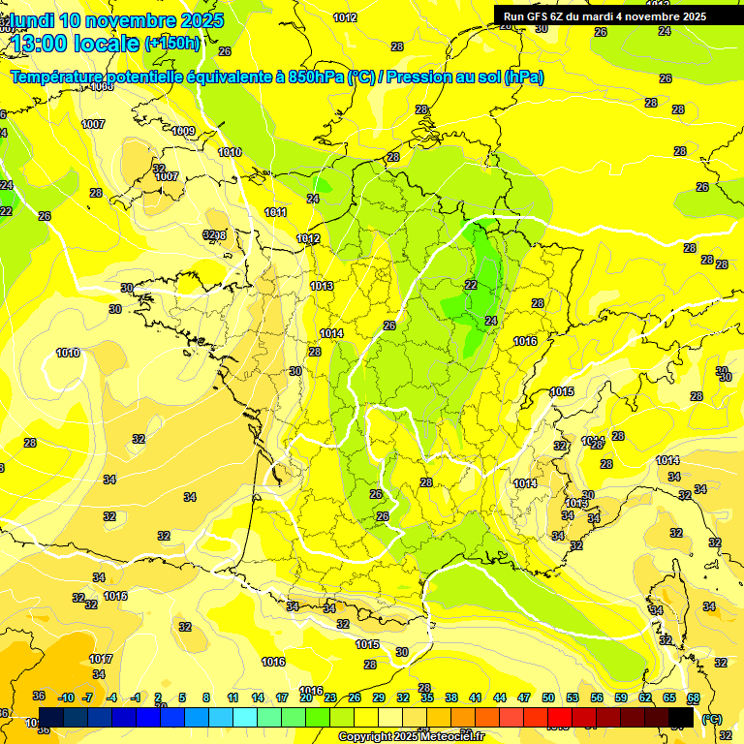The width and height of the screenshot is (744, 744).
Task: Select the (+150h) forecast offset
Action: (x=171, y=44)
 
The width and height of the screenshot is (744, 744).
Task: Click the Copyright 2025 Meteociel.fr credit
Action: (x=412, y=737)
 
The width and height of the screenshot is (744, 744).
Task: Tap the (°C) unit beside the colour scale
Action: (x=711, y=719)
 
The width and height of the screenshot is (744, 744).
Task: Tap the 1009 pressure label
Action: (x=183, y=132)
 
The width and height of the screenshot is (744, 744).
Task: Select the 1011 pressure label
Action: (x=276, y=212)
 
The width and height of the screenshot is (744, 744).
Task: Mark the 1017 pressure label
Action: (x=101, y=659)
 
